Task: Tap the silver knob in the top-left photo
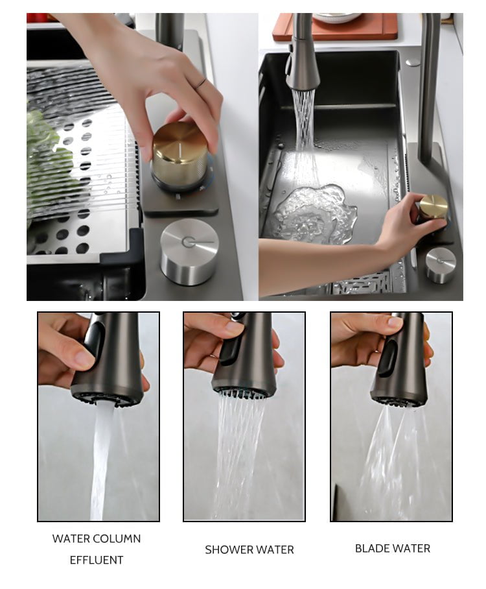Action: coord(189,252)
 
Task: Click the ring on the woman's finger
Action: coord(201,84)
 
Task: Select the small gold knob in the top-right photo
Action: coord(434,206)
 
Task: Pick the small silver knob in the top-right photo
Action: coord(441,265)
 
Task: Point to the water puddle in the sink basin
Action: coord(314,213)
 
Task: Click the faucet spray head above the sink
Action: coord(302,67)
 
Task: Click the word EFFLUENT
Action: coord(97,560)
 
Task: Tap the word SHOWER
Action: coord(228,549)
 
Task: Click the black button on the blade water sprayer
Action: coord(388,358)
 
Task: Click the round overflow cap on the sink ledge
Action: coord(413,62)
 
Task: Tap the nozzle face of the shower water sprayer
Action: coord(244,392)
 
